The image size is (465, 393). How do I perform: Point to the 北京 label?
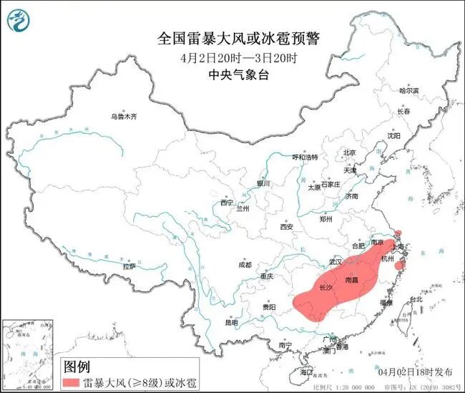point(349,152)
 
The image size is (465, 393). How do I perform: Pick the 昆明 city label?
point(230,323)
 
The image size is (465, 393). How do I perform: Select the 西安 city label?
point(287,227)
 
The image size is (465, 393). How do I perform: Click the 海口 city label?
point(307,372)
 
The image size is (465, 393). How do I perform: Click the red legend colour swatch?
point(72,383)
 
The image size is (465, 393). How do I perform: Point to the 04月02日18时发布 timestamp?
point(415,372)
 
